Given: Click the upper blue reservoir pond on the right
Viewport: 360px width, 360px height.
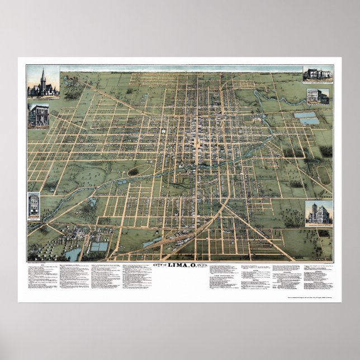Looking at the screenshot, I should pos(305,115).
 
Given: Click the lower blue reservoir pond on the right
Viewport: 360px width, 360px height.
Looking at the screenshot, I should pos(309,121).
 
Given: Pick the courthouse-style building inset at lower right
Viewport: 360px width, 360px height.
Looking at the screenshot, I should pos(319,214).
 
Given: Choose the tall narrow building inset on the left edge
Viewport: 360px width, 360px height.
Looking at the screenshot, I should pos(34,206).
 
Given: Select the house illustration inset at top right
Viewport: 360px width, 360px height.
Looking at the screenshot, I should pos(318,74).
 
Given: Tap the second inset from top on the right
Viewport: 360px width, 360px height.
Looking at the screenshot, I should pos(318,96).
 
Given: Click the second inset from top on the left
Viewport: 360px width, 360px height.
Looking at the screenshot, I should pos(39,115).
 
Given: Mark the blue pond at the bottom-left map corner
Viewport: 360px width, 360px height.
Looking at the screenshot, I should pos(73,254).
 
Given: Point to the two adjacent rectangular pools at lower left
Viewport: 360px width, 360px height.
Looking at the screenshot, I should pos(99,247).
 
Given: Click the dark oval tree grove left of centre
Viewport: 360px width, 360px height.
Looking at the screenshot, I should pos(133,172).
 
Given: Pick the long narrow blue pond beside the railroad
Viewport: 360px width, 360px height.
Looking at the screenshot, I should pos(152,242).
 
